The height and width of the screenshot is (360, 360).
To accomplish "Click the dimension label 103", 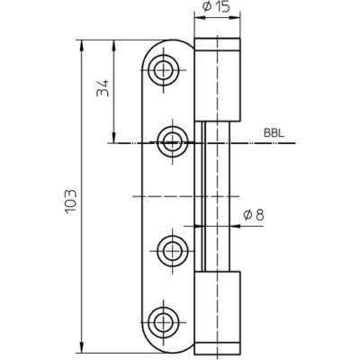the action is pyautogui.click(x=71, y=201).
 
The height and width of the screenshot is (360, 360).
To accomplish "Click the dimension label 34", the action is pyautogui.click(x=103, y=88).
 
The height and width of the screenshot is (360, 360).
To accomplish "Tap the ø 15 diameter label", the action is pyautogui.click(x=216, y=6).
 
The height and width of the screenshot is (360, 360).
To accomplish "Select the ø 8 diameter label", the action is pyautogui.click(x=254, y=215).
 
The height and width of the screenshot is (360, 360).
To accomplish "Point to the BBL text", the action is pyautogui.click(x=274, y=133).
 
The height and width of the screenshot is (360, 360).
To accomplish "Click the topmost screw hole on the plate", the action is pyautogui.click(x=164, y=70).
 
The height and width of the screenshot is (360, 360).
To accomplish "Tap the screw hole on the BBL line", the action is pyautogui.click(x=173, y=142).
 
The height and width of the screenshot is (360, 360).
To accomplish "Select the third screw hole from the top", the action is pyautogui.click(x=173, y=250).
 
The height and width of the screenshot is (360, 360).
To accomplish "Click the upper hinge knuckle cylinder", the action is pyautogui.click(x=218, y=80).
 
